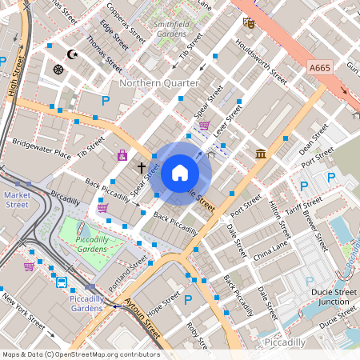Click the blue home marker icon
click(180, 172)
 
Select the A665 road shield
click(320, 70)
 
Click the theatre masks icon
click(249, 23)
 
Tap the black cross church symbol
click(142, 168)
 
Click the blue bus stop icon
click(62, 282)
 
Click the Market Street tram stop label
click(17, 199)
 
